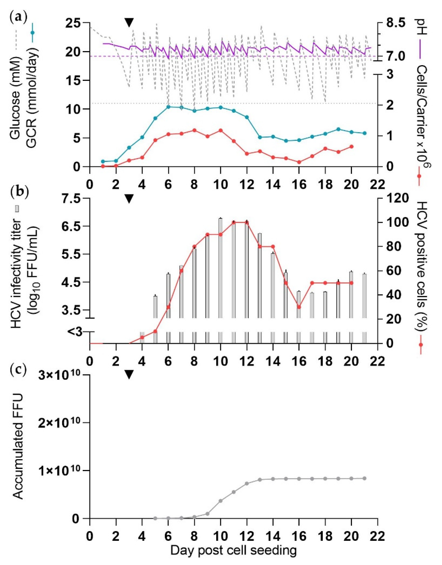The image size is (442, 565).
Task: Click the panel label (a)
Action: point(19,19)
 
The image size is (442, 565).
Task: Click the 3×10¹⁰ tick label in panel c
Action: point(60,376)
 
